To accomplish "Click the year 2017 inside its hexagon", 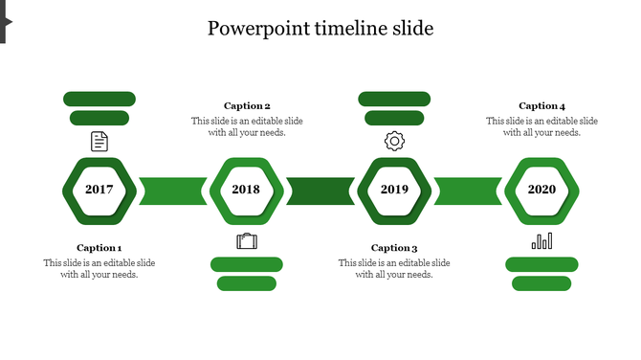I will tap(99, 190).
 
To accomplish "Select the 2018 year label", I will tap(246, 190).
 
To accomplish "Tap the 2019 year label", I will tap(394, 190).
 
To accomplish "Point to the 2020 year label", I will tap(542, 190).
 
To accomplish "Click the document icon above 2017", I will tap(99, 142).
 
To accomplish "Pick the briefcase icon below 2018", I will tap(247, 240).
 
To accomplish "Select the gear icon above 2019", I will tap(394, 142).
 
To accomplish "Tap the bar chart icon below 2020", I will tap(542, 240).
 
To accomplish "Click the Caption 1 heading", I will tap(99, 248).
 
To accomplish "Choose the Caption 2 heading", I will tap(247, 106).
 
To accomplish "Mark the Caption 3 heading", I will tap(394, 248).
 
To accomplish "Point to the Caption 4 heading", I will tap(542, 106).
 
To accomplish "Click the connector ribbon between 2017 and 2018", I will tap(173, 191).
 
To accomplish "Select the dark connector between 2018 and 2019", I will tap(320, 191).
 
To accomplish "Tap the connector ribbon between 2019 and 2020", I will tap(468, 191).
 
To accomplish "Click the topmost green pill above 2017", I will tap(99, 99).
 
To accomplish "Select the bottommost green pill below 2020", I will tap(542, 283).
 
